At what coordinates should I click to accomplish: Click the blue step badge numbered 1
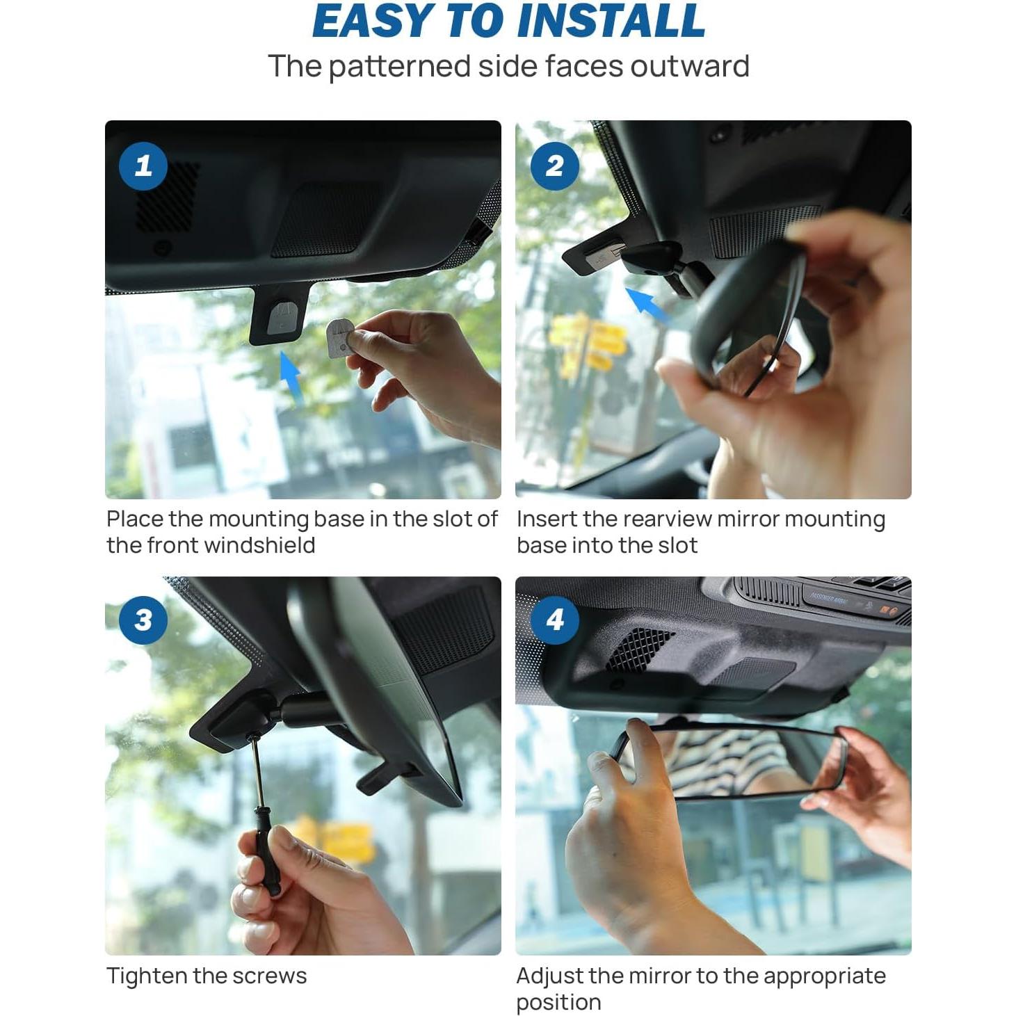click(143, 166)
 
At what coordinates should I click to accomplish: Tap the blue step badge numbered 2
click(554, 166)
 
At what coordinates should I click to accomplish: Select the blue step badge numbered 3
click(143, 620)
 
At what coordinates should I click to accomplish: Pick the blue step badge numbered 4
click(554, 620)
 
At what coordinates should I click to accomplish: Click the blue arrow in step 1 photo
click(291, 376)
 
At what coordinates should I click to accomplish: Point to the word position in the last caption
click(558, 1002)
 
